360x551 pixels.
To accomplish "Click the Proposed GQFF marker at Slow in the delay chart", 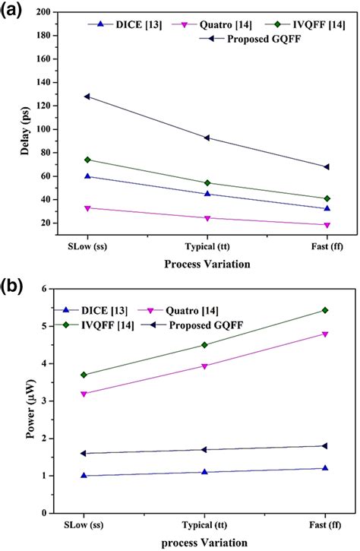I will click(x=87, y=97).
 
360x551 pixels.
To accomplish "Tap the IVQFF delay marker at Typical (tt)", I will click(x=207, y=183).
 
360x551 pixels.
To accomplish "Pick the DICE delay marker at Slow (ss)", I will click(x=87, y=176).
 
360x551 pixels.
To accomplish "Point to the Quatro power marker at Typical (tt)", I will click(x=207, y=366).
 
